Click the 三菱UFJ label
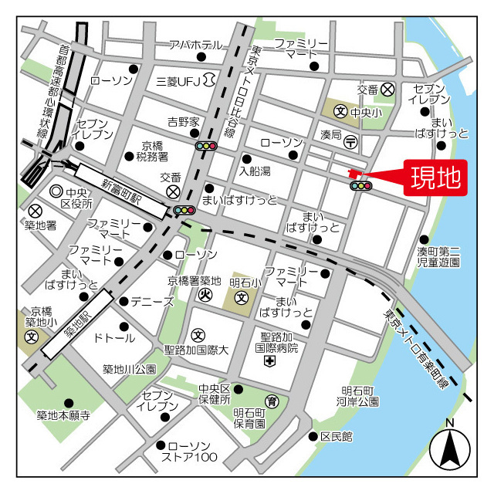178,81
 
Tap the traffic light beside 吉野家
206,145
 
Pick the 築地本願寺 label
63,415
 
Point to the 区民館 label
337,437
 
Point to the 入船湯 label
255,170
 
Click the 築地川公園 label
130,370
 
